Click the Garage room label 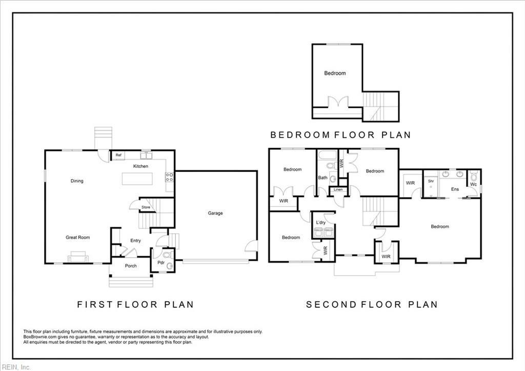click(x=215, y=213)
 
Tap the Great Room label click(x=77, y=237)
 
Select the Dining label click(x=77, y=181)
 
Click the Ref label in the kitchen click(x=118, y=155)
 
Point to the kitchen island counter click(x=137, y=179)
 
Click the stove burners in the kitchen click(x=169, y=178)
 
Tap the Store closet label click(x=146, y=207)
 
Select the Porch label click(x=131, y=266)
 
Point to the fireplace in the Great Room click(x=78, y=257)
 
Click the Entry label click(x=135, y=241)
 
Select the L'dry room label click(x=321, y=222)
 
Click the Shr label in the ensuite click(x=431, y=181)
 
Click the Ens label click(x=455, y=189)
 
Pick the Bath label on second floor click(x=322, y=178)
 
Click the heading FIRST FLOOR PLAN click(x=135, y=304)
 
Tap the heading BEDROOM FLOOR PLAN click(x=340, y=135)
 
